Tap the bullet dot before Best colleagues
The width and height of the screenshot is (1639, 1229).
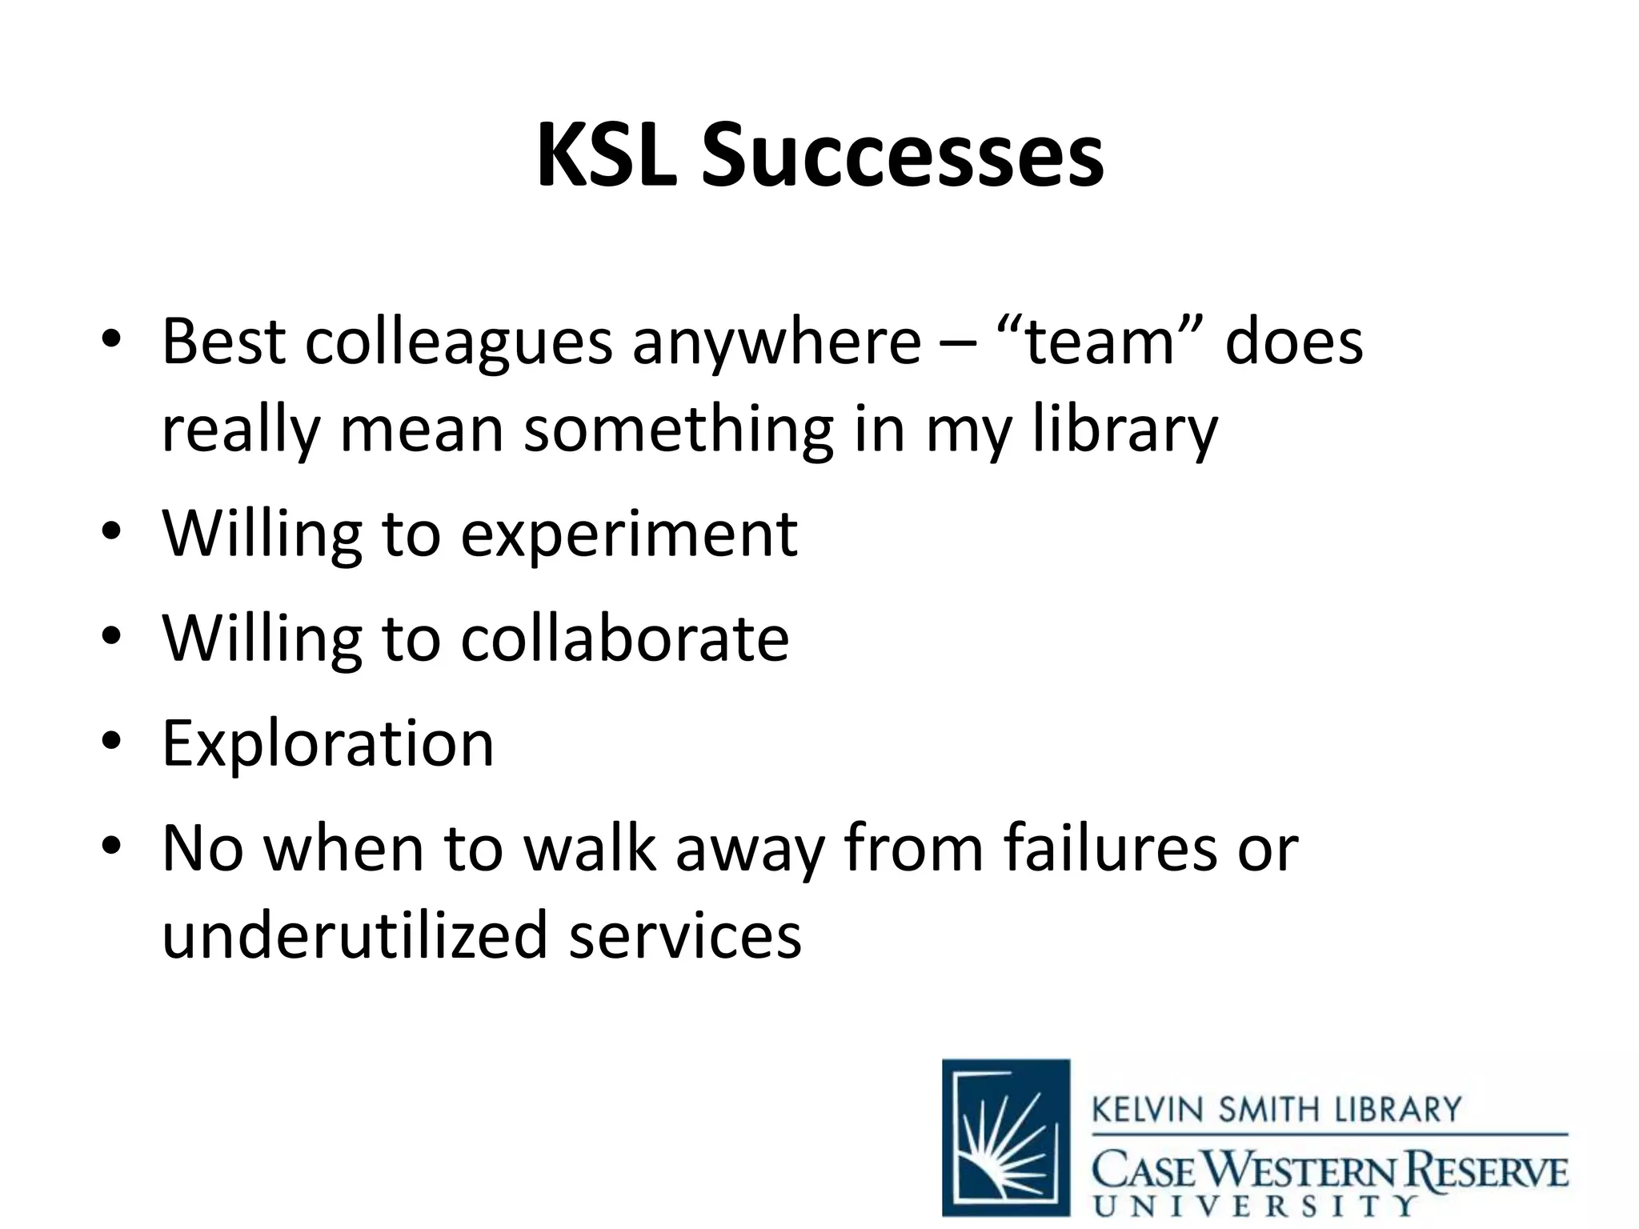point(111,339)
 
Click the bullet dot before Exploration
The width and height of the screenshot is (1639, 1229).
point(111,741)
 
